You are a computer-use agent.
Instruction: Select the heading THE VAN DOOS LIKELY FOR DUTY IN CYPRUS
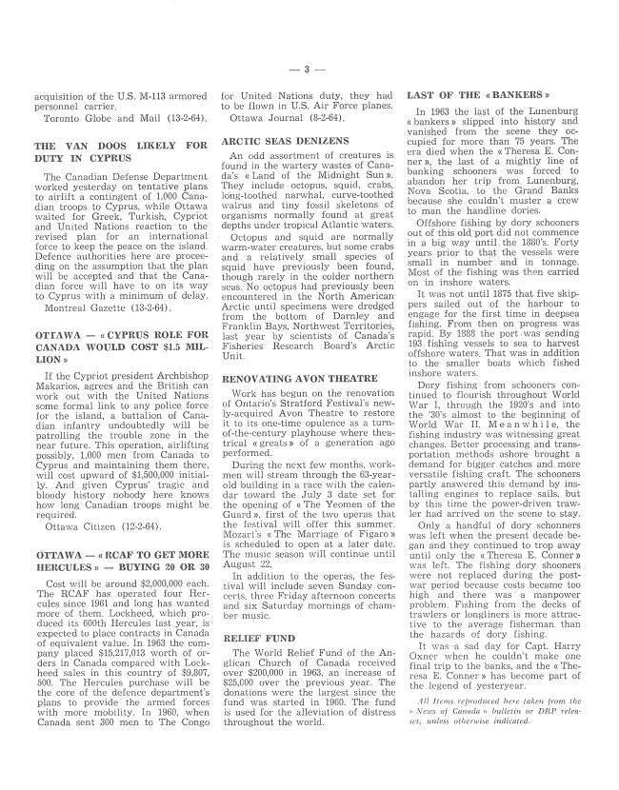pyautogui.click(x=119, y=152)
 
